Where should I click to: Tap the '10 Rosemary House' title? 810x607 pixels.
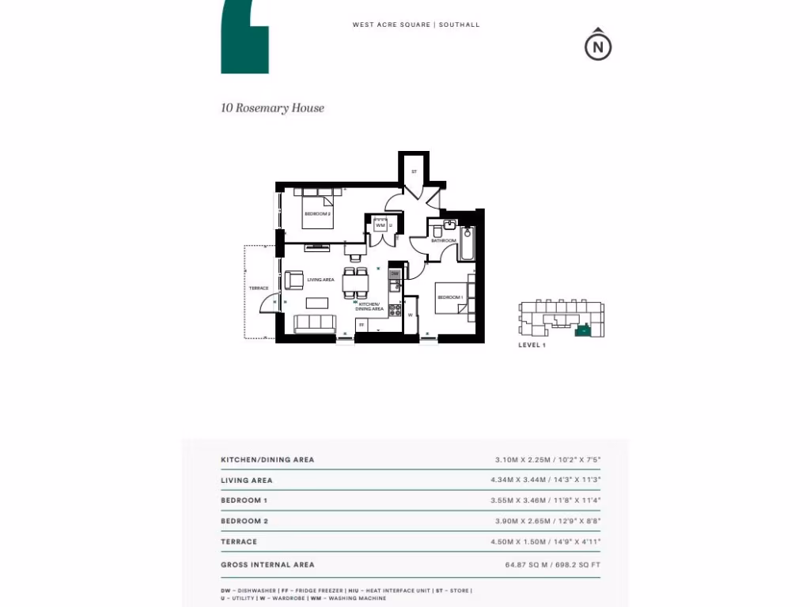coord(272,108)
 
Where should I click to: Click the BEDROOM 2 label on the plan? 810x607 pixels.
coord(317,213)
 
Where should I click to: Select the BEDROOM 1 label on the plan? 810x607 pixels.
coord(450,297)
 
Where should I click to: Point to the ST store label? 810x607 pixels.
coord(414,172)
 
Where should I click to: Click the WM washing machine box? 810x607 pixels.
coord(380,225)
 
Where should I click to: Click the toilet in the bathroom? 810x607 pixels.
coord(437,230)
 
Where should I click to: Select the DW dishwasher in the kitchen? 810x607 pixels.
coord(395,273)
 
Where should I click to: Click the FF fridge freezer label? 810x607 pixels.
coord(361,324)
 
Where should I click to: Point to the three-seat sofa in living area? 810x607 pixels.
coord(314,322)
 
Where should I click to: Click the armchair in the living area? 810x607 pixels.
coord(293,280)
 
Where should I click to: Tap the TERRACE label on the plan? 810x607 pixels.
coord(259,288)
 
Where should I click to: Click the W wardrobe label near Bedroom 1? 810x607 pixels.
coord(411,315)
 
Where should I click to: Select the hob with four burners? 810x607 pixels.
coord(395,310)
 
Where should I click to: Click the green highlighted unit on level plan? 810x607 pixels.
coord(583,331)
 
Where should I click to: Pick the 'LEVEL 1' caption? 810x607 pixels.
coord(532,345)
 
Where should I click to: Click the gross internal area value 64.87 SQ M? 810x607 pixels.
coord(526,564)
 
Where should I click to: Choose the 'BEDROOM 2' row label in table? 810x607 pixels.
coord(244,521)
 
